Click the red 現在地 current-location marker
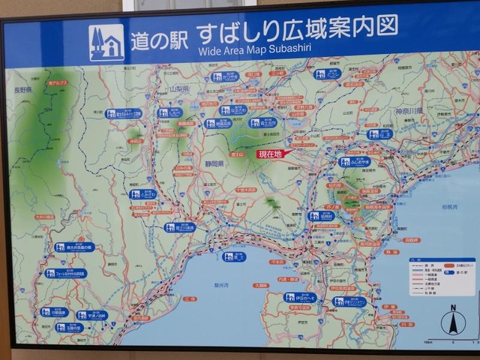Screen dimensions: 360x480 click(x=269, y=154)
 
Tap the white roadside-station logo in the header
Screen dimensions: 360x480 click(x=106, y=42)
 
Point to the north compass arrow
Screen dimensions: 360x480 click(x=452, y=321)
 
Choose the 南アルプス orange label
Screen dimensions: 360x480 click(x=58, y=83)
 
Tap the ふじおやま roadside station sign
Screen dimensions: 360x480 click(x=354, y=161)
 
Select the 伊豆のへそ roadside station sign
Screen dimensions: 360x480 click(x=300, y=297)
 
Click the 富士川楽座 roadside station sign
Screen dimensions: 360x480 click(x=180, y=227)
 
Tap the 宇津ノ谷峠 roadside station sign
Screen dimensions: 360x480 click(x=91, y=315)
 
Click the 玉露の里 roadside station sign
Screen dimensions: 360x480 click(x=69, y=328)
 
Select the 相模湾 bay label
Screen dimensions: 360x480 click(x=448, y=205)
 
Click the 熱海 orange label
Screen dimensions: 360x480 click(x=392, y=253)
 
